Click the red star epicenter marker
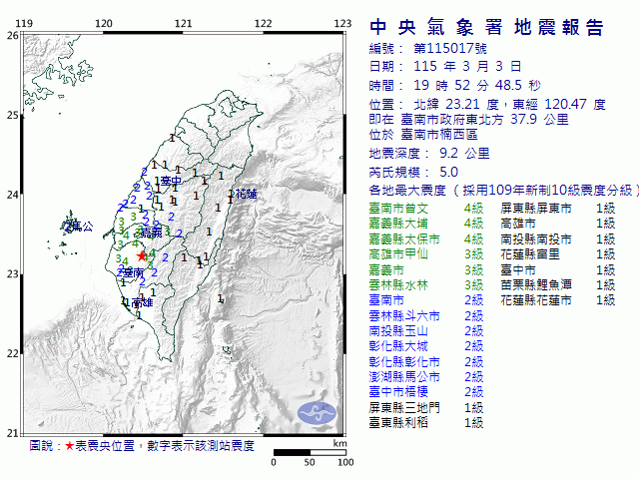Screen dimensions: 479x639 coord(142,255)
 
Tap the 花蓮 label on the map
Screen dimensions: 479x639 coord(246,194)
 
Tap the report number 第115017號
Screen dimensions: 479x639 coord(440,49)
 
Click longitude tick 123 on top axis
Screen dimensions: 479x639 coord(342,24)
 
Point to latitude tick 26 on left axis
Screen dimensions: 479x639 coord(12,35)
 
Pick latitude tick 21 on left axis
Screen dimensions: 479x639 coord(12,432)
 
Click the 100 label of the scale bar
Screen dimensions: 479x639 coord(345,462)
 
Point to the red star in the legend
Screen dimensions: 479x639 coord(69,445)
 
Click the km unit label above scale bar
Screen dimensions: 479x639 coord(340,443)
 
